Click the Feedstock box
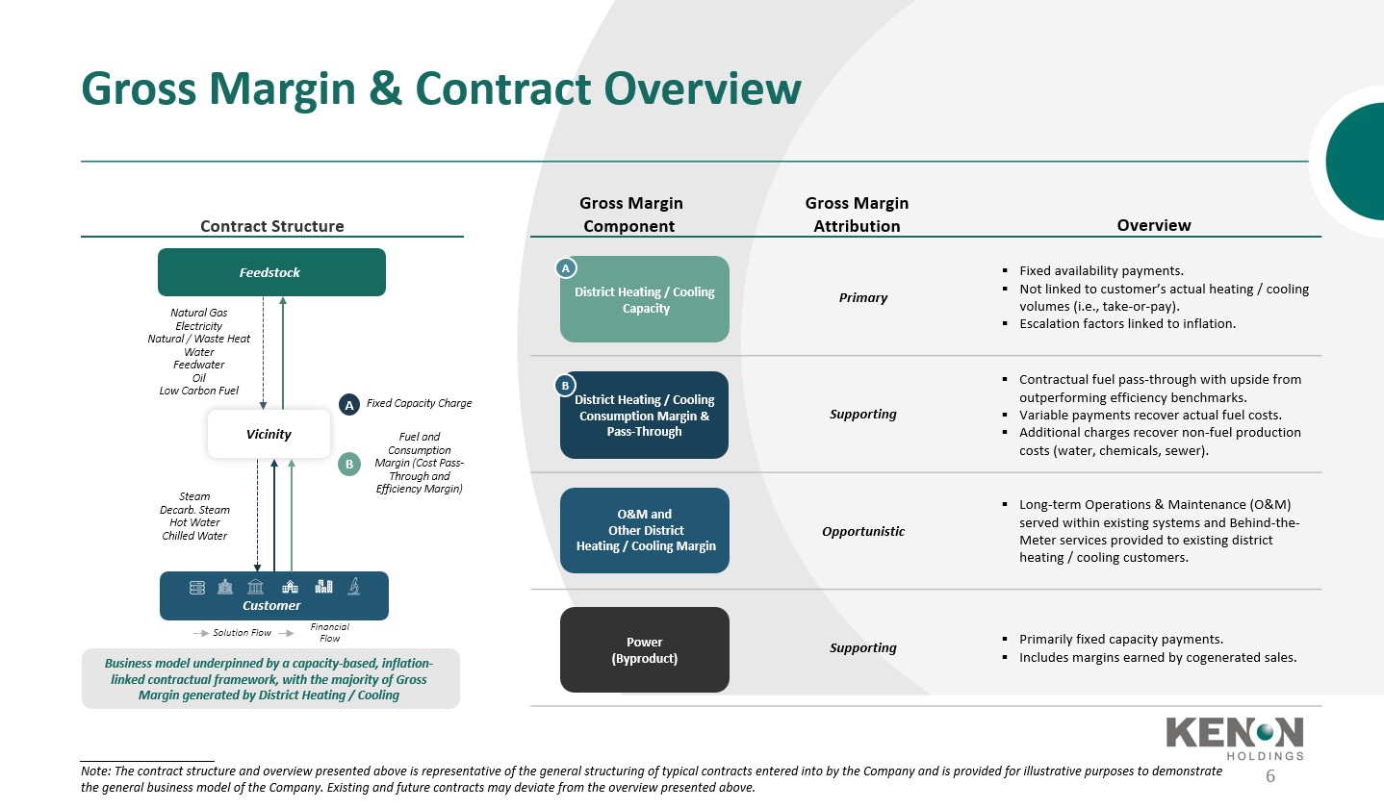coord(271,272)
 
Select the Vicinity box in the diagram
coord(269,434)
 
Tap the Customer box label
coord(271,606)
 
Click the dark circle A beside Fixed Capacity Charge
coord(349,405)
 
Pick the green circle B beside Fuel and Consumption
coord(349,464)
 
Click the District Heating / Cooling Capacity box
coord(645,299)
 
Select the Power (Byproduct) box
coord(645,649)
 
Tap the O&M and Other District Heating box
coord(645,530)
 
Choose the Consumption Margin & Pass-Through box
coord(645,415)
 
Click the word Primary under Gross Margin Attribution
coord(862,297)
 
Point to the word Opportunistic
coord(862,531)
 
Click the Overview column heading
coord(1154,225)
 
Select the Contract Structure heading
coord(271,226)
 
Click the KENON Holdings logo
coord(1235,739)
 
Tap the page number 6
coord(1270,776)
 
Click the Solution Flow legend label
coord(243,632)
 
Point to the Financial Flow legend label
coord(329,632)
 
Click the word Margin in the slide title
coord(282,89)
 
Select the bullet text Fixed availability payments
coord(1102,270)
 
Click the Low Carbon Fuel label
coord(199,391)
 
